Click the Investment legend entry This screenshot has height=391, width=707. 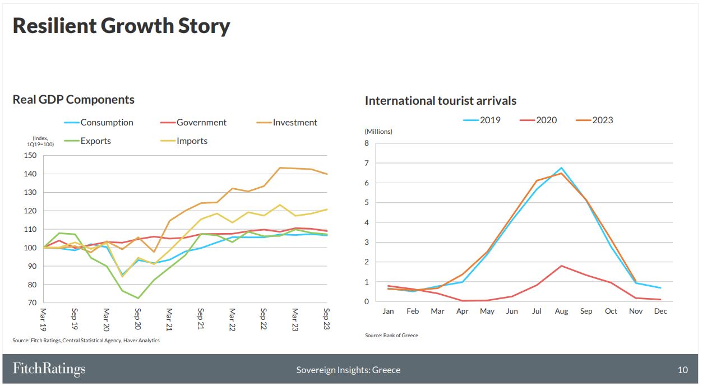pos(287,122)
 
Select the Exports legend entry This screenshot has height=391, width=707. pos(87,141)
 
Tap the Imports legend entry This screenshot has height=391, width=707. pos(184,141)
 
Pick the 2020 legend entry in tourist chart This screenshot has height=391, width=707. pos(538,120)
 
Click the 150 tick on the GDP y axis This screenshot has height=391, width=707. pos(30,155)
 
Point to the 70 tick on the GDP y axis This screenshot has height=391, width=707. pos(32,302)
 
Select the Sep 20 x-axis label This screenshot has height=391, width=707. pos(137,319)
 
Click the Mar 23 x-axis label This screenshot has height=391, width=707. pos(295,320)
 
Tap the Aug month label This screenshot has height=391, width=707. pos(561,311)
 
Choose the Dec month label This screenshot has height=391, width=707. pos(660,311)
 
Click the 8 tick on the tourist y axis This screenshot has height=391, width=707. pos(367,143)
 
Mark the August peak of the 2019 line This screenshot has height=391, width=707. pos(561,167)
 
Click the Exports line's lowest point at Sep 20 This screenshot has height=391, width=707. pos(138,298)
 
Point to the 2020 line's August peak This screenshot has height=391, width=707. pos(561,266)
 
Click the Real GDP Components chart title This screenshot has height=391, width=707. pos(73,100)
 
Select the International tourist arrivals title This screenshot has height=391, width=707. pos(441,101)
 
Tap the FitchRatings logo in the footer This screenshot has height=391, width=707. pos(49,369)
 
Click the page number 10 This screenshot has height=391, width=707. pos(683,370)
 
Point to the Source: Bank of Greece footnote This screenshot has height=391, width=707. pos(391,336)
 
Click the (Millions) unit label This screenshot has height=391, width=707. pos(378,132)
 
